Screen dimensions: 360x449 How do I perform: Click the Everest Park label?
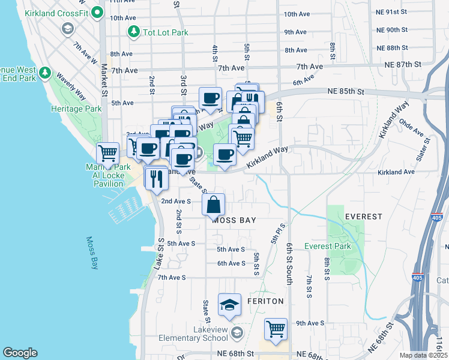pyautogui.click(x=327, y=246)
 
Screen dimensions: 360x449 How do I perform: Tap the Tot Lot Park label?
pyautogui.click(x=166, y=32)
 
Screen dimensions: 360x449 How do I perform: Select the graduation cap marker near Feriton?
pyautogui.click(x=229, y=305)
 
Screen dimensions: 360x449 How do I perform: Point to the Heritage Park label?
pyautogui.click(x=76, y=109)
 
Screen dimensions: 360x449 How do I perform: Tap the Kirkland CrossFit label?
pyautogui.click(x=60, y=13)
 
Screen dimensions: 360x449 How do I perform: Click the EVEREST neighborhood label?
pyautogui.click(x=364, y=217)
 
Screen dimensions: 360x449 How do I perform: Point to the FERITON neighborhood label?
pyautogui.click(x=267, y=301)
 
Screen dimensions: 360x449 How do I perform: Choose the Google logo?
pyautogui.click(x=20, y=353)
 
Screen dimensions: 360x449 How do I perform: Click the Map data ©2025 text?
pyautogui.click(x=422, y=355)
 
